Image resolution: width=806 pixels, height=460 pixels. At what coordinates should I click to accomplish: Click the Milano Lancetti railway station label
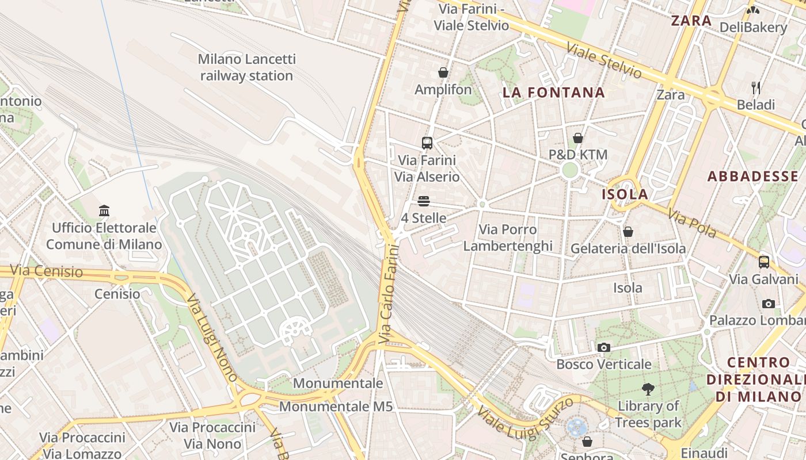point(246,67)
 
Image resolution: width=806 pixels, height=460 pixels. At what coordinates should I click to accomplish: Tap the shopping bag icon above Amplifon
point(443,72)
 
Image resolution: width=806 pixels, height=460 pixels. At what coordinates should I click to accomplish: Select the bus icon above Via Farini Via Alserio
point(427,143)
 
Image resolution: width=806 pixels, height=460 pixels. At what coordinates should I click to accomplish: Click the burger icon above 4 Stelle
point(424,201)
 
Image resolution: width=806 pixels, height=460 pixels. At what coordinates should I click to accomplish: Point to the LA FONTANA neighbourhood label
point(553,93)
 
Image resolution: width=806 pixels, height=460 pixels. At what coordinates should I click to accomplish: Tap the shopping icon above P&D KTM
point(577,138)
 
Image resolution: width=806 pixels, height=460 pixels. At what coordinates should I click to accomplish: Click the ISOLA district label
point(625,194)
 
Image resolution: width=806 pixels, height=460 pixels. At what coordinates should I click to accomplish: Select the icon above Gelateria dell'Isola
point(628,232)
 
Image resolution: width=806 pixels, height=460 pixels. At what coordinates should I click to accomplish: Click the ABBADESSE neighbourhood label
point(752,177)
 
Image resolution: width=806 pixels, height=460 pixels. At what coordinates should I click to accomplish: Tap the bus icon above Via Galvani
point(763,262)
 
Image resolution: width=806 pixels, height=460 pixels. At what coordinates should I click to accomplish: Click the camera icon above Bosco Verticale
point(603,347)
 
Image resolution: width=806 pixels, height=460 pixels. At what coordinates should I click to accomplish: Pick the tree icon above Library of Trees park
point(648,389)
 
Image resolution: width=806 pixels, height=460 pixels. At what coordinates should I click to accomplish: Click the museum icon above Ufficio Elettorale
point(104,211)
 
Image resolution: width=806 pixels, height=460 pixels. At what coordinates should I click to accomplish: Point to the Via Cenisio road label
point(47,271)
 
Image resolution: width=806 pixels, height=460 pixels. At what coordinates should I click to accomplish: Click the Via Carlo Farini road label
point(389,294)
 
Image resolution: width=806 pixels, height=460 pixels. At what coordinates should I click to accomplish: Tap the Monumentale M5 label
point(336,407)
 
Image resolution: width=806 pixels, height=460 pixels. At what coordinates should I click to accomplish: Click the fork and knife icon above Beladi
point(756,88)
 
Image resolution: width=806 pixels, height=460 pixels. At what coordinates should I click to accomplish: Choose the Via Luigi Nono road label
point(212,339)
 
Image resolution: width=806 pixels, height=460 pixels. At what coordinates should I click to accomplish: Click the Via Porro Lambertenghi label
point(508,238)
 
